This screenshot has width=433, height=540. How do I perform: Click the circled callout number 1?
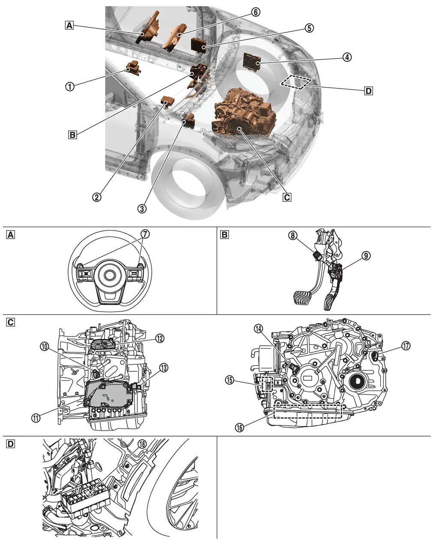click(x=69, y=86)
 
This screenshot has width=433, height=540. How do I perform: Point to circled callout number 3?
click(x=142, y=209)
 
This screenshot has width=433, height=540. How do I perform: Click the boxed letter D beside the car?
click(x=368, y=91)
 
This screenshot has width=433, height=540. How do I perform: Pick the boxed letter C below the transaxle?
click(x=287, y=197)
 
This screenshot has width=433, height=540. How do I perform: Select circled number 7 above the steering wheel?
click(x=146, y=234)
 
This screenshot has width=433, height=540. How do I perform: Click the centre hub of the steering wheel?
click(x=109, y=275)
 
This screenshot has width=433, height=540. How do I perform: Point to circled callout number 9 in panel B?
click(x=365, y=256)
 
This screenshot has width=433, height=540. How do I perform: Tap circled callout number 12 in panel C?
click(x=159, y=338)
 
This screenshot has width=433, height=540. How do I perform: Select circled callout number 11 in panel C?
click(x=36, y=416)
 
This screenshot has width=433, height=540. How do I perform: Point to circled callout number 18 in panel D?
click(x=142, y=443)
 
